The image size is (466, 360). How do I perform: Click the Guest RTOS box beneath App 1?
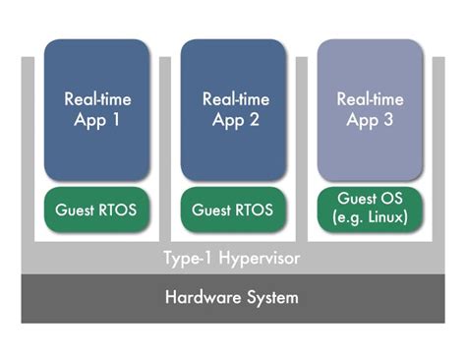point(96,210)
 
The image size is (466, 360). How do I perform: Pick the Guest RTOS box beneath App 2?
point(234,210)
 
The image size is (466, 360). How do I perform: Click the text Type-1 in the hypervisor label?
point(187,259)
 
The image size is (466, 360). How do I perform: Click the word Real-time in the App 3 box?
point(370,99)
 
